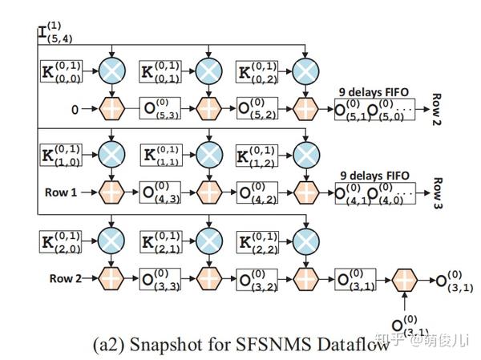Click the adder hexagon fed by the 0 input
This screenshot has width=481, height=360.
pos(112,109)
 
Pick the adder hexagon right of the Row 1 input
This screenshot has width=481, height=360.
pos(112,192)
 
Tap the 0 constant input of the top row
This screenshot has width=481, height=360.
pos(75,110)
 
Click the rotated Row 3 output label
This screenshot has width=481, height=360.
pos(438,193)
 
